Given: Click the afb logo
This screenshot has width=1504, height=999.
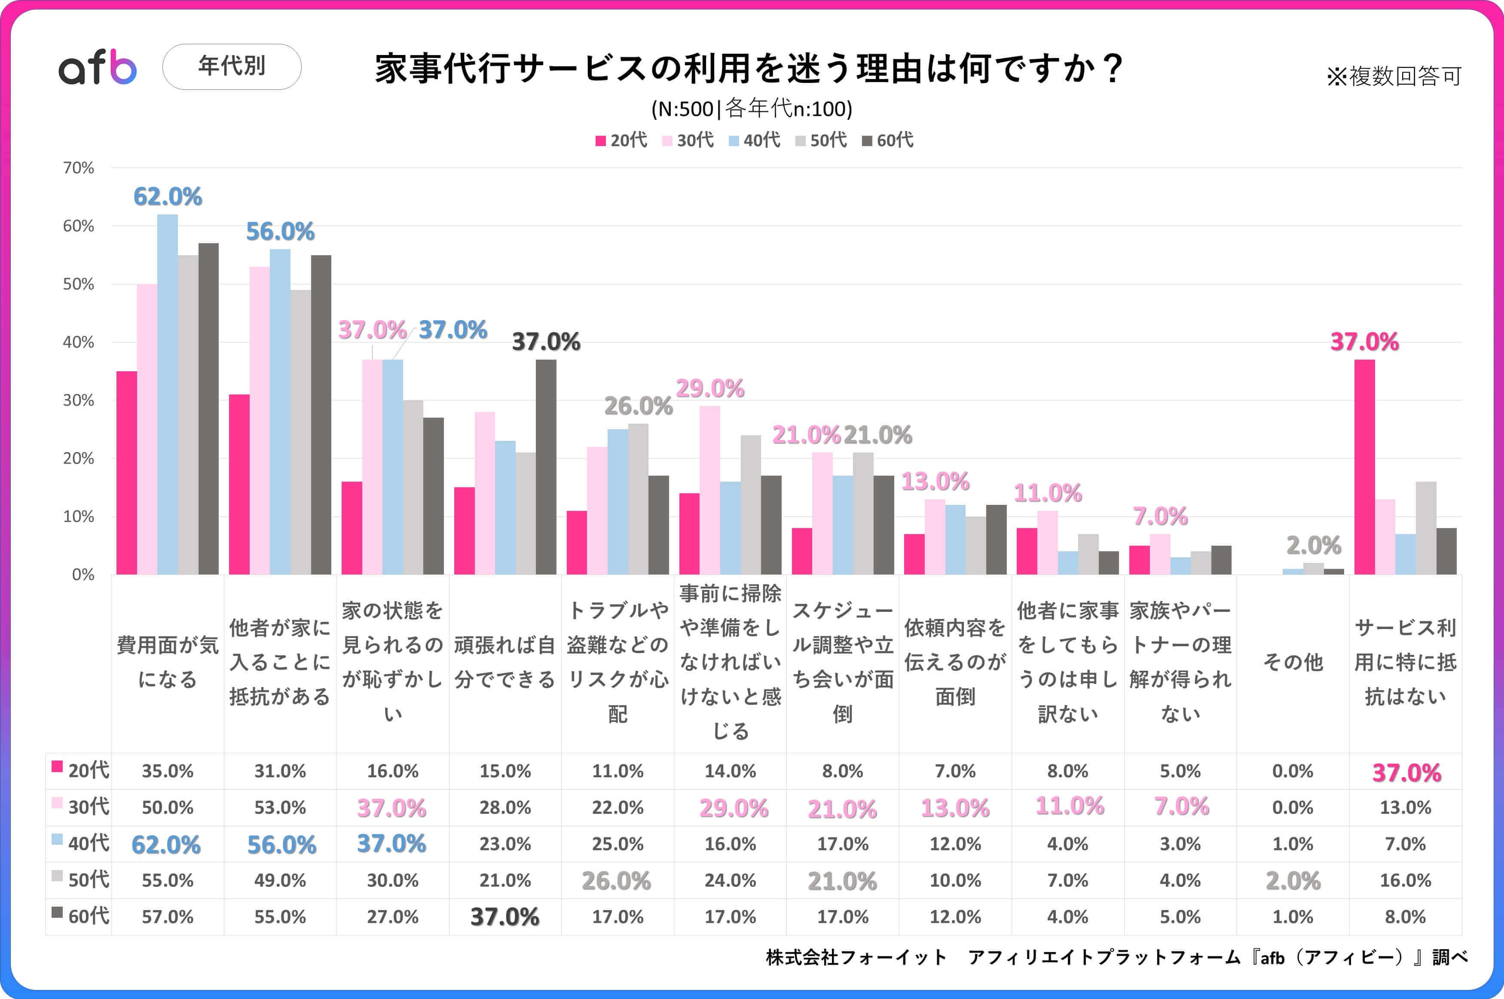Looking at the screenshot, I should pos(98,67).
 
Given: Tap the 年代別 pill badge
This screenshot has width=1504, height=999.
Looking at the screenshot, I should pos(232,66).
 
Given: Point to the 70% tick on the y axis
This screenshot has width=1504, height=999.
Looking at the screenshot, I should pos(78,168).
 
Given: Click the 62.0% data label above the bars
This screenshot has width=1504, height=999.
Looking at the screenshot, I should pos(168,197).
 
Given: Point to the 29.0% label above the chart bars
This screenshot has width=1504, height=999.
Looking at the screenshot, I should pos(709,388).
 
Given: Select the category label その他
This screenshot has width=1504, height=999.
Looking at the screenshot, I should pos(1293,663).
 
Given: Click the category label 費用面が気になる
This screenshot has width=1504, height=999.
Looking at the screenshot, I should pos(168,663).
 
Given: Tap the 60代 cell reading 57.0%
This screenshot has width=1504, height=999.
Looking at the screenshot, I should pos(168,917).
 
